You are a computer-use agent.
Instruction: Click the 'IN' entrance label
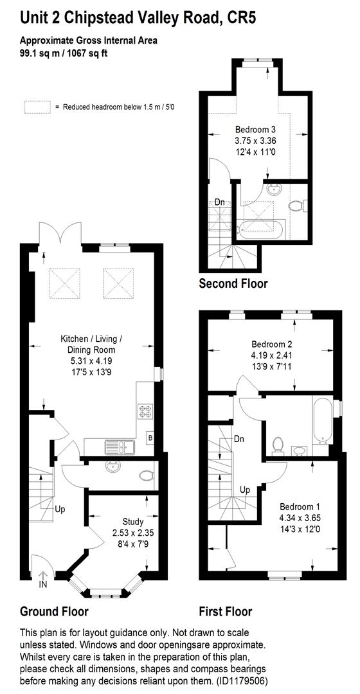pos(44,584)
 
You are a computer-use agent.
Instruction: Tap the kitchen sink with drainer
pos(117,444)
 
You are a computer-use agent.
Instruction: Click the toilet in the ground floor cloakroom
pos(147,476)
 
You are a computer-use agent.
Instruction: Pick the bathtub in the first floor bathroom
pos(321,421)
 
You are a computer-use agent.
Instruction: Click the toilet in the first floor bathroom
pos(278,445)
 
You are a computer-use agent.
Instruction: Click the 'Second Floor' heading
pos(233,283)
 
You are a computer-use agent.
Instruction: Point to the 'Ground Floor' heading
pos(54,610)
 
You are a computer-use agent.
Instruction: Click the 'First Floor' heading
pos(225,610)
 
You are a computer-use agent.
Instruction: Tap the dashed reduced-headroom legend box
pos(37,107)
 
